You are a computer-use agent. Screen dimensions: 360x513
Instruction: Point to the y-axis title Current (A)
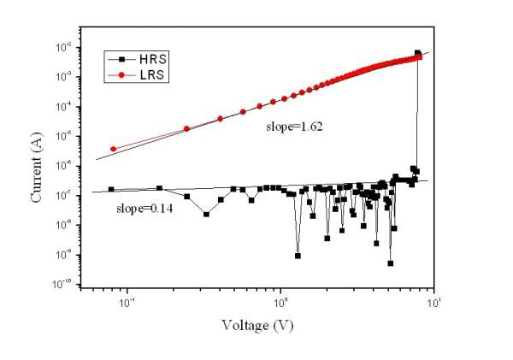click(x=38, y=167)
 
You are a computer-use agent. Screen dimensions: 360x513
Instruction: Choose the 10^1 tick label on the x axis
click(x=433, y=304)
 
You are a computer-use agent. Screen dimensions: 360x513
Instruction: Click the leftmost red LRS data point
click(x=113, y=149)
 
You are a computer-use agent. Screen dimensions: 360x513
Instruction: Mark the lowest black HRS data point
click(x=390, y=263)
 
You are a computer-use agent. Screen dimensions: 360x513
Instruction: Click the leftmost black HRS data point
click(x=111, y=189)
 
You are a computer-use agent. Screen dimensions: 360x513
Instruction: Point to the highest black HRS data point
click(x=418, y=53)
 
